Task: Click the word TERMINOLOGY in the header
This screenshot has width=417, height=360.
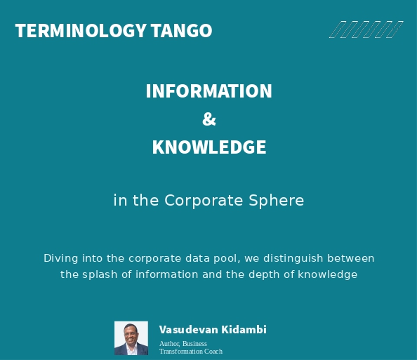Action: tap(81, 31)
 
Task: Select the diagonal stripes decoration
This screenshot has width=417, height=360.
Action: tap(366, 29)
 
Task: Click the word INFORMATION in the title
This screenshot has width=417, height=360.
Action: tap(208, 91)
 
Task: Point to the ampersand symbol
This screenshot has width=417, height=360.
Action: tap(208, 119)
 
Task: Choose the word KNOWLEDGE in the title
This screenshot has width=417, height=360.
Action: tap(208, 147)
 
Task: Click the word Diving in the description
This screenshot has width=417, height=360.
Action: tap(60, 258)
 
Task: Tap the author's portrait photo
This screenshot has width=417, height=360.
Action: tap(131, 338)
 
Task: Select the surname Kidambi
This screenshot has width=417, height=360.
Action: tap(244, 330)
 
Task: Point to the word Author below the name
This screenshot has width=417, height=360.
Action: tap(169, 344)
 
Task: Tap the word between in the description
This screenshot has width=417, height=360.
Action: tap(351, 258)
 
